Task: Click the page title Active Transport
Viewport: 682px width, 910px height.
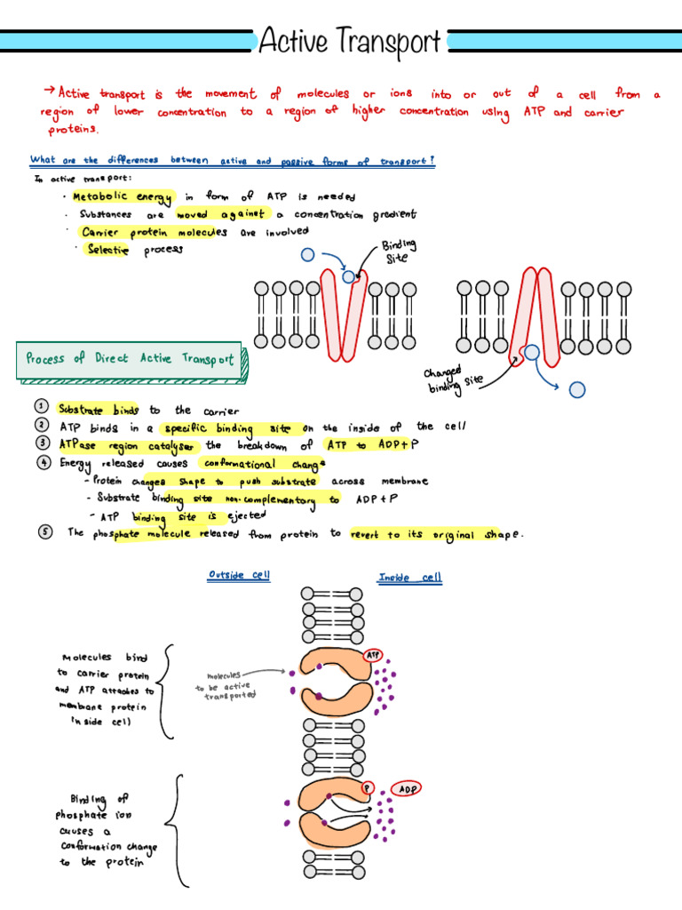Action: coord(349,41)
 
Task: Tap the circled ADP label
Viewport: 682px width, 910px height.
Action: coord(408,788)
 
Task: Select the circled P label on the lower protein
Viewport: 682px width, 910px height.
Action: coord(367,786)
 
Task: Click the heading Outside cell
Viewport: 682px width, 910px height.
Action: coord(239,575)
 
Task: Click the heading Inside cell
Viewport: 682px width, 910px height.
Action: coord(409,578)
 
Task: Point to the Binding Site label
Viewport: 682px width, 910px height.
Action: coord(398,251)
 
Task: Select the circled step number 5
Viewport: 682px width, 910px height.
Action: coord(44,532)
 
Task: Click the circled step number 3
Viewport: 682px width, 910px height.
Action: coord(42,443)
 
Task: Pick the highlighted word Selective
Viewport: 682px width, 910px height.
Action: coord(107,250)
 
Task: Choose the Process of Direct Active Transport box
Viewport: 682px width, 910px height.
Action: coord(130,358)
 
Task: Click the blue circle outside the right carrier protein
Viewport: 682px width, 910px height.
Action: coord(577,388)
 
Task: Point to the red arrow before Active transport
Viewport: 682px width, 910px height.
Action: coord(49,91)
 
